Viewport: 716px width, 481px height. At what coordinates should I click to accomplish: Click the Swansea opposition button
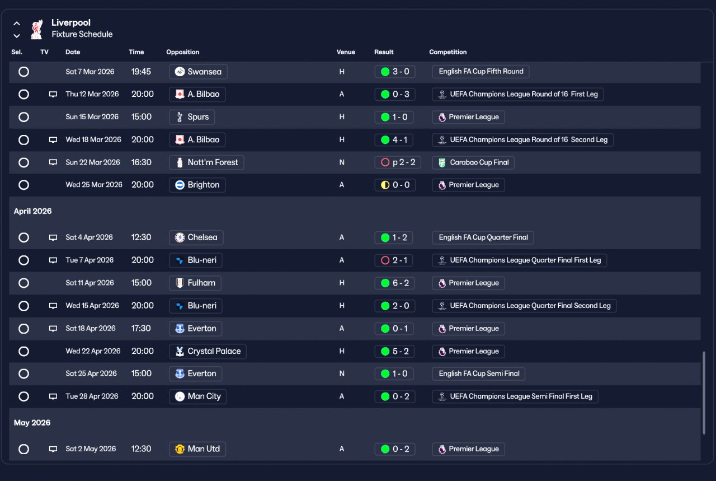tap(198, 72)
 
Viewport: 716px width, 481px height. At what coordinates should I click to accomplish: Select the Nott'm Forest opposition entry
tap(206, 162)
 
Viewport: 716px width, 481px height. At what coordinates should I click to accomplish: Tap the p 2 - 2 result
tap(397, 162)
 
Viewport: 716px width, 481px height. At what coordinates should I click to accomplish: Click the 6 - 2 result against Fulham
tap(394, 283)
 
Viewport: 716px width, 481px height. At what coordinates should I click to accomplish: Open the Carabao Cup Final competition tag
tap(473, 162)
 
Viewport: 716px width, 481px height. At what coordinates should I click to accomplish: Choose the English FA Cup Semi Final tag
tap(478, 373)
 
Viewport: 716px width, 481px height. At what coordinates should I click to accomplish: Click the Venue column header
tap(346, 52)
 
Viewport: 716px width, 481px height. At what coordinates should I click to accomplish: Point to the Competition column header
tap(447, 52)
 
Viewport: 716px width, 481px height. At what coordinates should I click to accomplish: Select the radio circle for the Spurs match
tap(23, 117)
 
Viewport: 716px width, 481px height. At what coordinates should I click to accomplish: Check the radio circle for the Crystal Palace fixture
tap(23, 351)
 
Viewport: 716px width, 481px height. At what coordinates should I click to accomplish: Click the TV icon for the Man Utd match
tap(53, 449)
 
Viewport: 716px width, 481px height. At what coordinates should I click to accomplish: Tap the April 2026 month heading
tap(32, 211)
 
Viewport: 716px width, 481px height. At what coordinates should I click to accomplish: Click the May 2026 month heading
tap(32, 423)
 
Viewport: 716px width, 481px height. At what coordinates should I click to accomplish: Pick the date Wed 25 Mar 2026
tap(94, 185)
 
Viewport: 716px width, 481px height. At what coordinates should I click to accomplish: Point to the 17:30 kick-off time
tap(141, 329)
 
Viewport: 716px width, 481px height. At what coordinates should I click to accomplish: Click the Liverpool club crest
tap(37, 29)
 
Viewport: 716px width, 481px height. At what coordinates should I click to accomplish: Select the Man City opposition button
tap(197, 396)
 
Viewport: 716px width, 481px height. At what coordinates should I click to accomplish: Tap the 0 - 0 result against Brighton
tap(394, 185)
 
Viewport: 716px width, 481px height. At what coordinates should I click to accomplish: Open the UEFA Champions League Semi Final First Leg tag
tap(515, 396)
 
